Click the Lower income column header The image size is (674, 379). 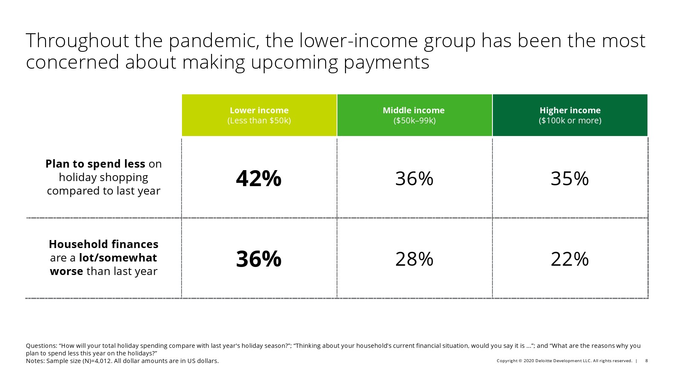(x=259, y=115)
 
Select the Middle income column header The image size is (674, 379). (x=415, y=115)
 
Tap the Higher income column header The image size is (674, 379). (x=570, y=115)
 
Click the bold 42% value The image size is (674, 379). (x=259, y=179)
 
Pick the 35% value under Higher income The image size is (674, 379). (x=570, y=179)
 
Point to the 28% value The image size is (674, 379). (x=415, y=259)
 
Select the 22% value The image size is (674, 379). (x=570, y=259)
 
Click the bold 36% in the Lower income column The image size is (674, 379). (x=259, y=259)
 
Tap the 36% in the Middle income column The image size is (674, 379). (x=415, y=179)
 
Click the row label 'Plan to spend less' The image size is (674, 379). (x=104, y=177)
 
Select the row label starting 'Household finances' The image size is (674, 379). (x=104, y=257)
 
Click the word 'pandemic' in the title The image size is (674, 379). (x=214, y=41)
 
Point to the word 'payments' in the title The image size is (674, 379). (x=386, y=63)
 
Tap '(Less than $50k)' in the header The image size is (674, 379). (x=259, y=120)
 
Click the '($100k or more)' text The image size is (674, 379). (x=570, y=120)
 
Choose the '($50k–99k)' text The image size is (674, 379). (x=415, y=120)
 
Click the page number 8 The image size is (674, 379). (x=646, y=360)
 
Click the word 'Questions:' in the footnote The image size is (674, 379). (x=42, y=346)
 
